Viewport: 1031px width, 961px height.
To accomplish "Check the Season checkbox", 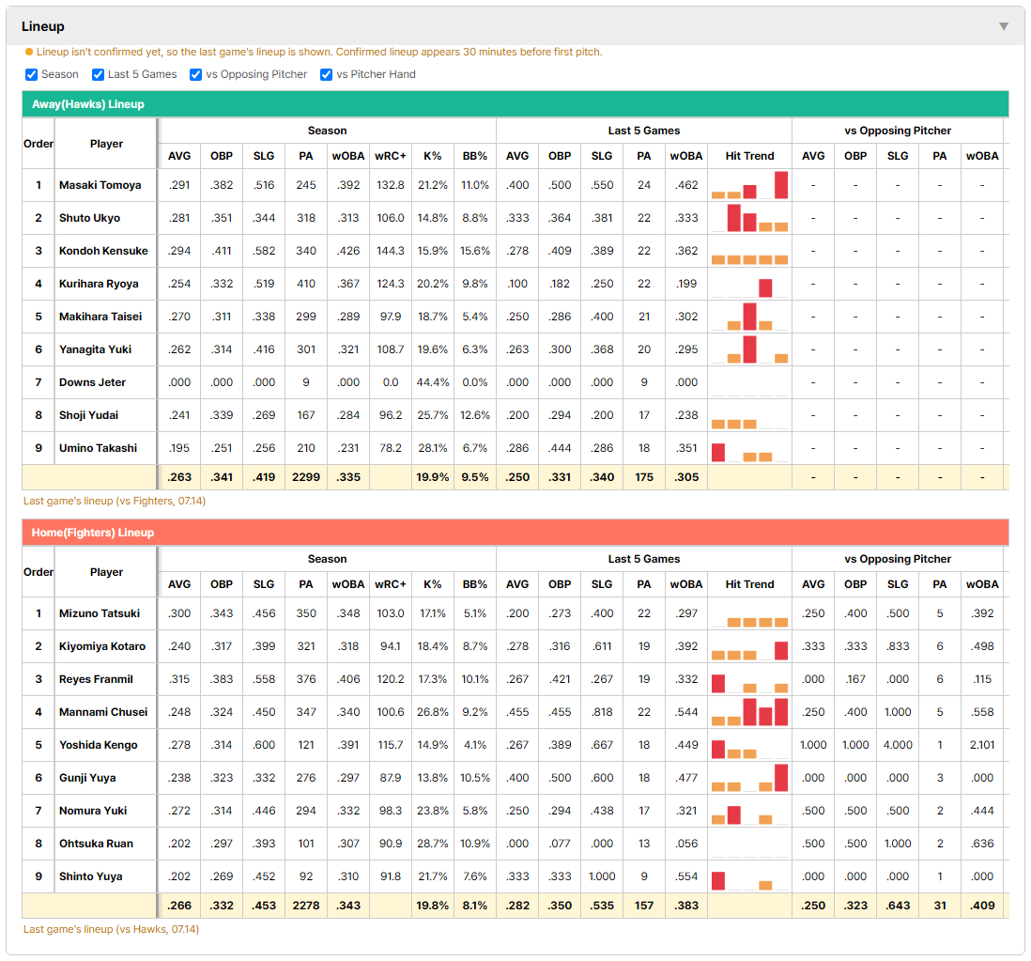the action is tap(32, 74).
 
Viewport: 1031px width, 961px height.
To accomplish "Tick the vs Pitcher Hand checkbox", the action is tap(326, 74).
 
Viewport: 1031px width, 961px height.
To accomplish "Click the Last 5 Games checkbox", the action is tap(98, 74).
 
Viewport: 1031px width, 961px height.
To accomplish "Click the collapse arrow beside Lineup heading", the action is tap(1004, 26).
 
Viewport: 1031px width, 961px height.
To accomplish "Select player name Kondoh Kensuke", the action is tap(103, 251).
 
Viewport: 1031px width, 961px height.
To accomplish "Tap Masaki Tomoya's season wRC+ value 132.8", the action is tap(390, 185).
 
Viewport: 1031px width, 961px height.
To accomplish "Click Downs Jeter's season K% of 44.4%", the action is tap(433, 382).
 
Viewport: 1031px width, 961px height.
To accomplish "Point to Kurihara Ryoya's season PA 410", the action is tap(306, 284).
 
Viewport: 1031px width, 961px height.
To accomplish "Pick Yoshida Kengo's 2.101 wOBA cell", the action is tap(982, 745).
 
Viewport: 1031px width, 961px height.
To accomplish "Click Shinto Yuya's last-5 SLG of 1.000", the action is tap(602, 876).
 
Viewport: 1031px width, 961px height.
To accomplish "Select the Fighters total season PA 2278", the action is tap(306, 905).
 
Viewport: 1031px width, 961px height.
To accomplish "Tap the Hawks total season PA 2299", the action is tap(306, 477).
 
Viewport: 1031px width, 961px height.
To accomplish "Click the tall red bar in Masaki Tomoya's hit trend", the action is tap(781, 185).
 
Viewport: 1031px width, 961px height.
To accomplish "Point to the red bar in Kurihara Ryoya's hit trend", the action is tap(765, 288).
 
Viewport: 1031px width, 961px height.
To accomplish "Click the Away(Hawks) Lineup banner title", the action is tap(88, 104).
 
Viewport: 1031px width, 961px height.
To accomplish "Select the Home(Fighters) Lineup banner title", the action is tap(93, 532).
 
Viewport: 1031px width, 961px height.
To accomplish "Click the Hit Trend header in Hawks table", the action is tap(749, 156).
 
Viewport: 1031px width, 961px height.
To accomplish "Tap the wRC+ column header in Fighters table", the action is tap(390, 584).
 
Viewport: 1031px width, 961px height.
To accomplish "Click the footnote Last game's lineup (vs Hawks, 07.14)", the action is tap(111, 929).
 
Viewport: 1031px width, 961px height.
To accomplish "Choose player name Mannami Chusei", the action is tap(103, 712).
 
